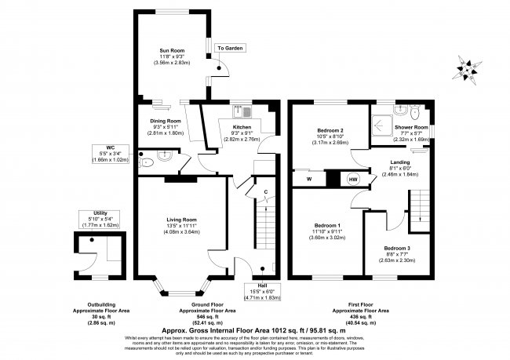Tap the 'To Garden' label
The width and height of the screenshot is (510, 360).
pos(231,49)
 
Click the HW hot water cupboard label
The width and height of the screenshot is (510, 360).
pos(353,180)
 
